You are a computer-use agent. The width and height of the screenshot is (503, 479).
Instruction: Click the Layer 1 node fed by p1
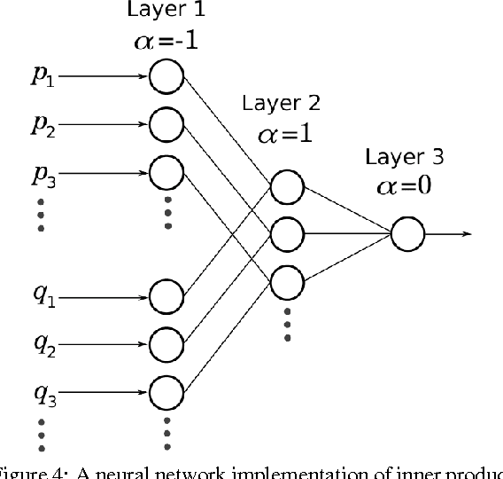point(166,76)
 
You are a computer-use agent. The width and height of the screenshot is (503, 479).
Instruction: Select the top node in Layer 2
point(287,187)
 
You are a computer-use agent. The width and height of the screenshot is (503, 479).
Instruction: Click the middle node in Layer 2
point(287,234)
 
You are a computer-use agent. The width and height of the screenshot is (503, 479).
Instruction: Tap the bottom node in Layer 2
point(287,281)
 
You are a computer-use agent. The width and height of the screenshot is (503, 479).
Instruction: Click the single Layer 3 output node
point(406,234)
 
